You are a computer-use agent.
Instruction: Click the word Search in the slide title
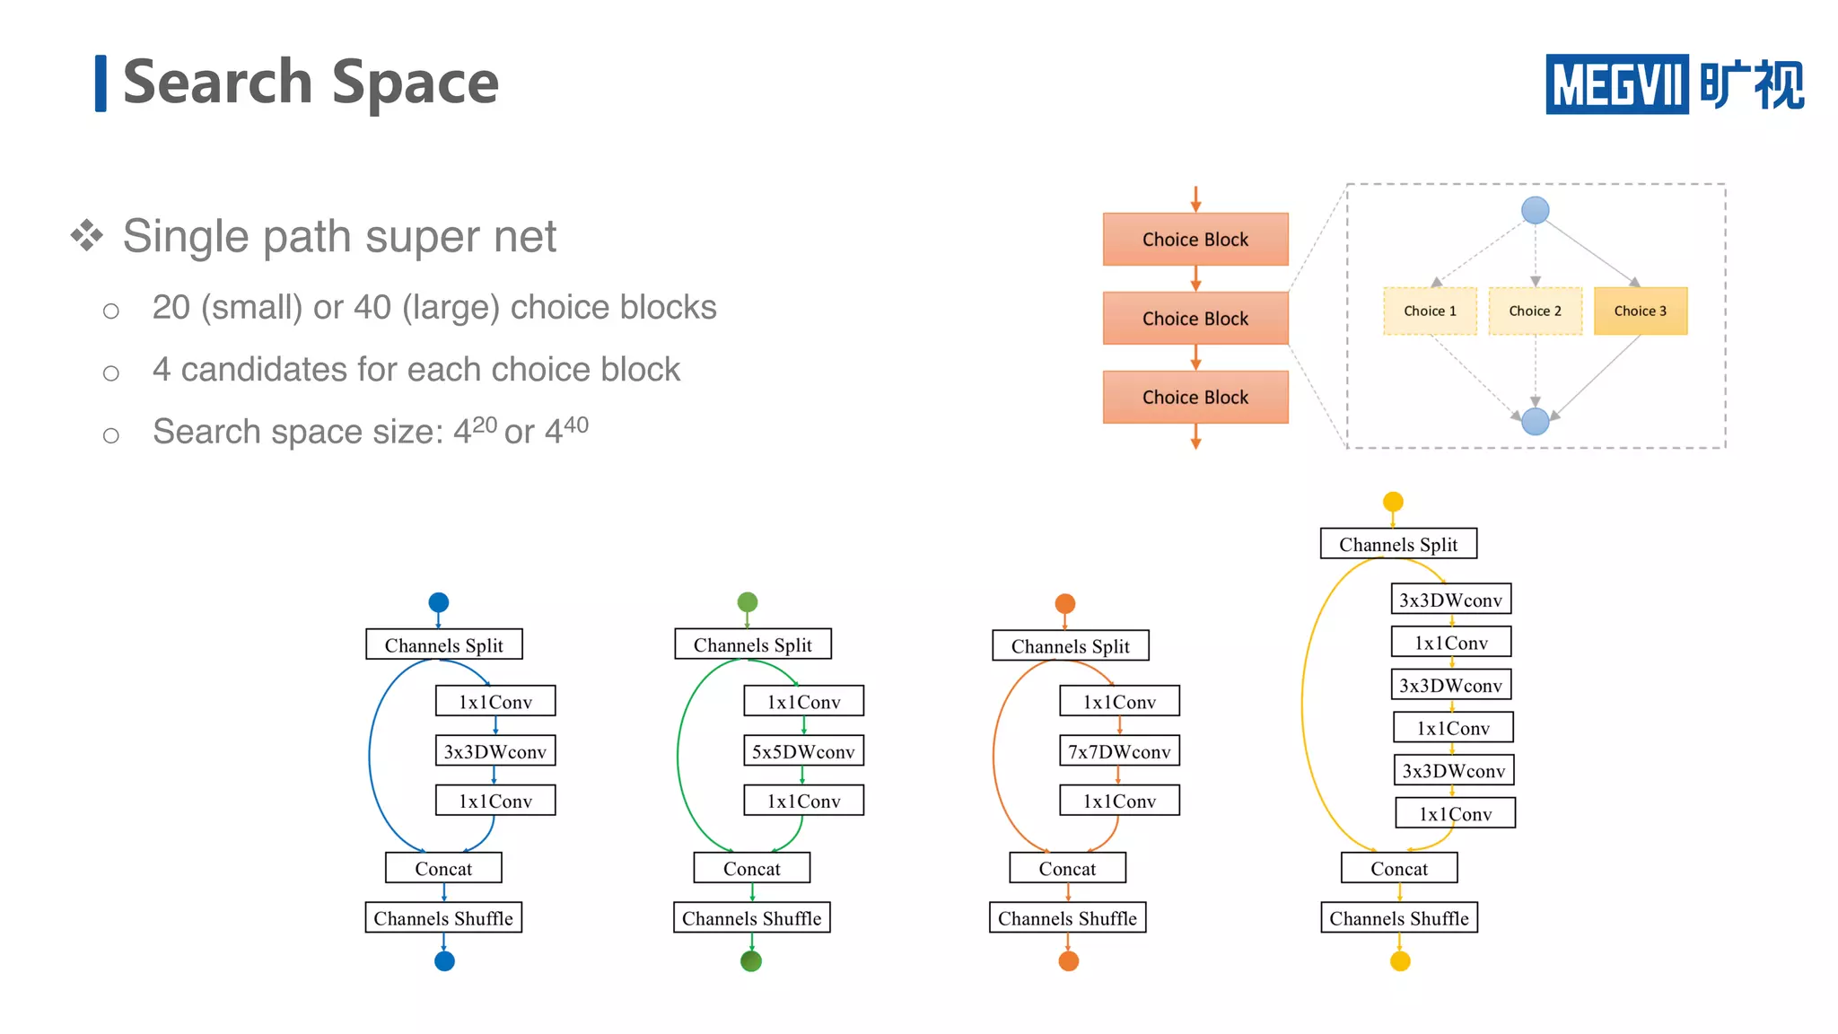(216, 83)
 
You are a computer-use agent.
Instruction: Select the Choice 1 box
(1430, 311)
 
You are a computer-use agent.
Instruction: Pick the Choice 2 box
(1535, 311)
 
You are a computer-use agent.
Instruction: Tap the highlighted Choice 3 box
(1640, 311)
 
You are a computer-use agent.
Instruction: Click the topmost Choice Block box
(1195, 240)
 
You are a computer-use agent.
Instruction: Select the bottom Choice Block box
(1195, 397)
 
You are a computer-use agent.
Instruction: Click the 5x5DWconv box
(803, 751)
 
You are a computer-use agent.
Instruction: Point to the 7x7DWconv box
(1119, 751)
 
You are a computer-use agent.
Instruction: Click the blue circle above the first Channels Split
(439, 602)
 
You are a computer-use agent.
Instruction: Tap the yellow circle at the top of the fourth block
(1393, 501)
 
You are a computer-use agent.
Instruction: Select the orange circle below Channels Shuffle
(1068, 961)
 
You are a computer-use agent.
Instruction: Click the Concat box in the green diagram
(751, 868)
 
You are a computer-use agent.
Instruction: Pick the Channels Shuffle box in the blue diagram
(443, 918)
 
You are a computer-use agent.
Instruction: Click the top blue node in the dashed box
(1535, 211)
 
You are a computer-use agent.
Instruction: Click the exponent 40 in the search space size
(575, 424)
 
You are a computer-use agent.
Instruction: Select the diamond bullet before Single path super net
(87, 236)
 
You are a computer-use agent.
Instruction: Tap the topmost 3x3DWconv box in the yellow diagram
(1450, 600)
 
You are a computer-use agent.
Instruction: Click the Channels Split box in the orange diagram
(1070, 646)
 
